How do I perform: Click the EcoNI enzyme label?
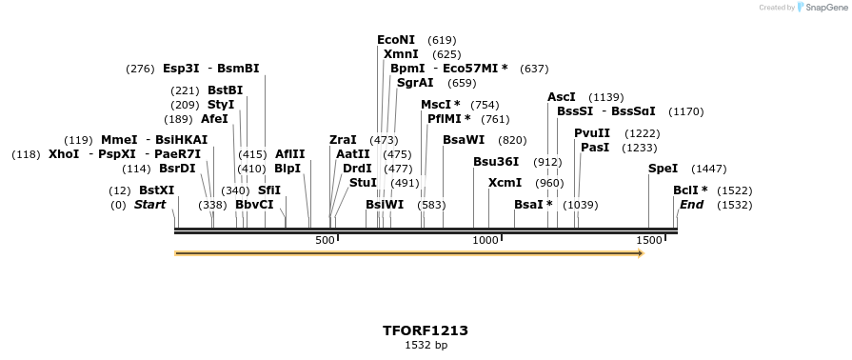click(396, 40)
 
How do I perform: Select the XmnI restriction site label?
click(401, 54)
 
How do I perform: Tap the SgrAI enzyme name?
click(415, 83)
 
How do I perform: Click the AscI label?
click(562, 97)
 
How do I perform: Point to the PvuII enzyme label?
click(592, 133)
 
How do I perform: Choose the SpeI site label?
click(663, 169)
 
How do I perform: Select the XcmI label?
click(505, 182)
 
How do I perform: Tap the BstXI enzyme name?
click(156, 190)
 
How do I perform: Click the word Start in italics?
click(149, 205)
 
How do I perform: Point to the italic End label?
click(691, 205)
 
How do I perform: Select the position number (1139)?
click(606, 97)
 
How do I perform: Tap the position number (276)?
click(140, 69)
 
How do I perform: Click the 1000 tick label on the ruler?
click(486, 241)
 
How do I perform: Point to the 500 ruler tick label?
click(325, 241)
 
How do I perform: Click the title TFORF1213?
click(426, 330)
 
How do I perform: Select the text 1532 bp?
click(426, 345)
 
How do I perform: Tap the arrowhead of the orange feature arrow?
click(640, 253)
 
